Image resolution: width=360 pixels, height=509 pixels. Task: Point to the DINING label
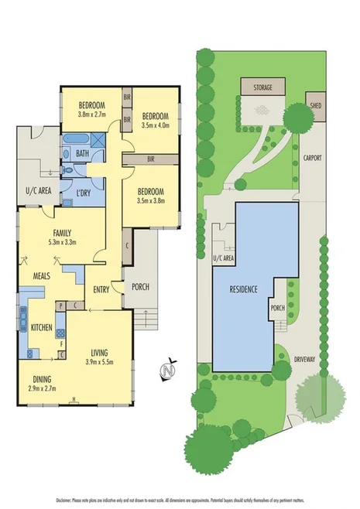point(43,378)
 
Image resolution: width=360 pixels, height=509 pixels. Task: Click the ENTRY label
point(101,290)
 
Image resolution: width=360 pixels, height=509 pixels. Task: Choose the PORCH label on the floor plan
point(140,288)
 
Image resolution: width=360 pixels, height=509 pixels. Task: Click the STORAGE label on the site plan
point(262,88)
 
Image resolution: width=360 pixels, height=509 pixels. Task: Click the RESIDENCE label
point(243,291)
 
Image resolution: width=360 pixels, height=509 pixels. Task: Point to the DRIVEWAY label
point(304,357)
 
